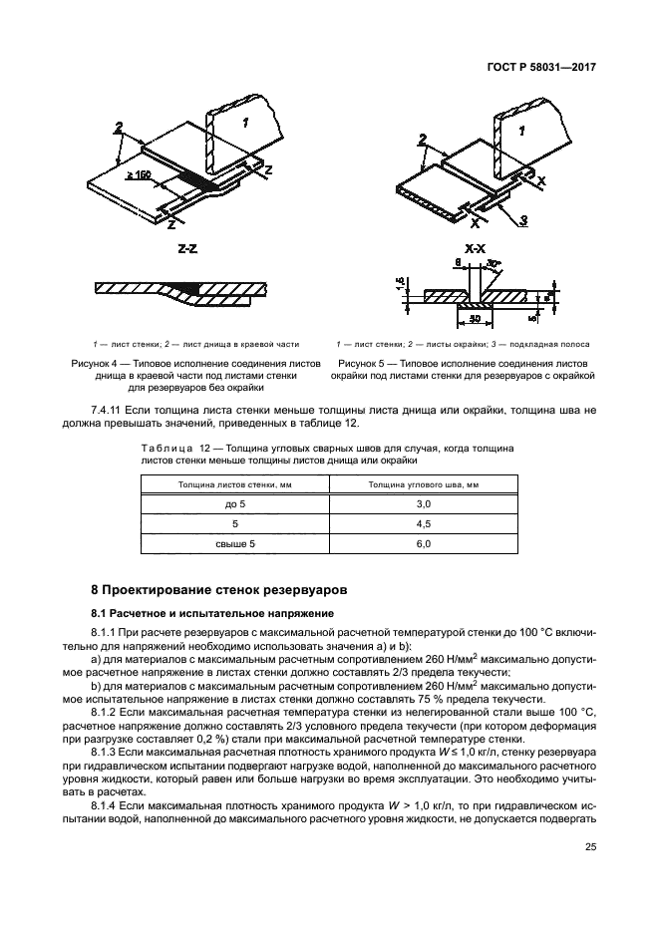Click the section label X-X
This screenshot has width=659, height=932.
(x=476, y=246)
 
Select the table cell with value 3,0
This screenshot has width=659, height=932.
(x=423, y=505)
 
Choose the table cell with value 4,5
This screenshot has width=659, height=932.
(x=423, y=524)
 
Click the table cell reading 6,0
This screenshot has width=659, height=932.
(x=423, y=544)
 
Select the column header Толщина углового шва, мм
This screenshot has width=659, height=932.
(x=423, y=484)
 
